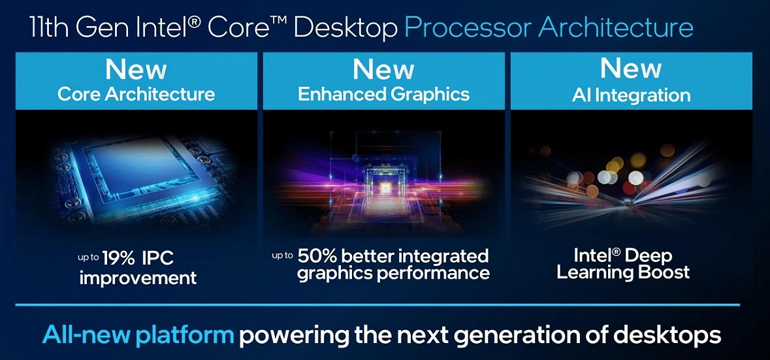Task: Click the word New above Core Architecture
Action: pyautogui.click(x=136, y=69)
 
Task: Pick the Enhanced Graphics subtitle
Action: pyautogui.click(x=383, y=94)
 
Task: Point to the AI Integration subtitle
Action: pyautogui.click(x=631, y=95)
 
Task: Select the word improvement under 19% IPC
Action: pyautogui.click(x=138, y=278)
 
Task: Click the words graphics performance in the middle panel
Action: pyautogui.click(x=393, y=273)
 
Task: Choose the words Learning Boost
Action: pyautogui.click(x=623, y=272)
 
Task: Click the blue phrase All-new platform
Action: pyautogui.click(x=138, y=335)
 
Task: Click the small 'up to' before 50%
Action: pyautogui.click(x=283, y=254)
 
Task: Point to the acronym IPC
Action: pyautogui.click(x=158, y=258)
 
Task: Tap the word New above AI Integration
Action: pyautogui.click(x=631, y=69)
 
